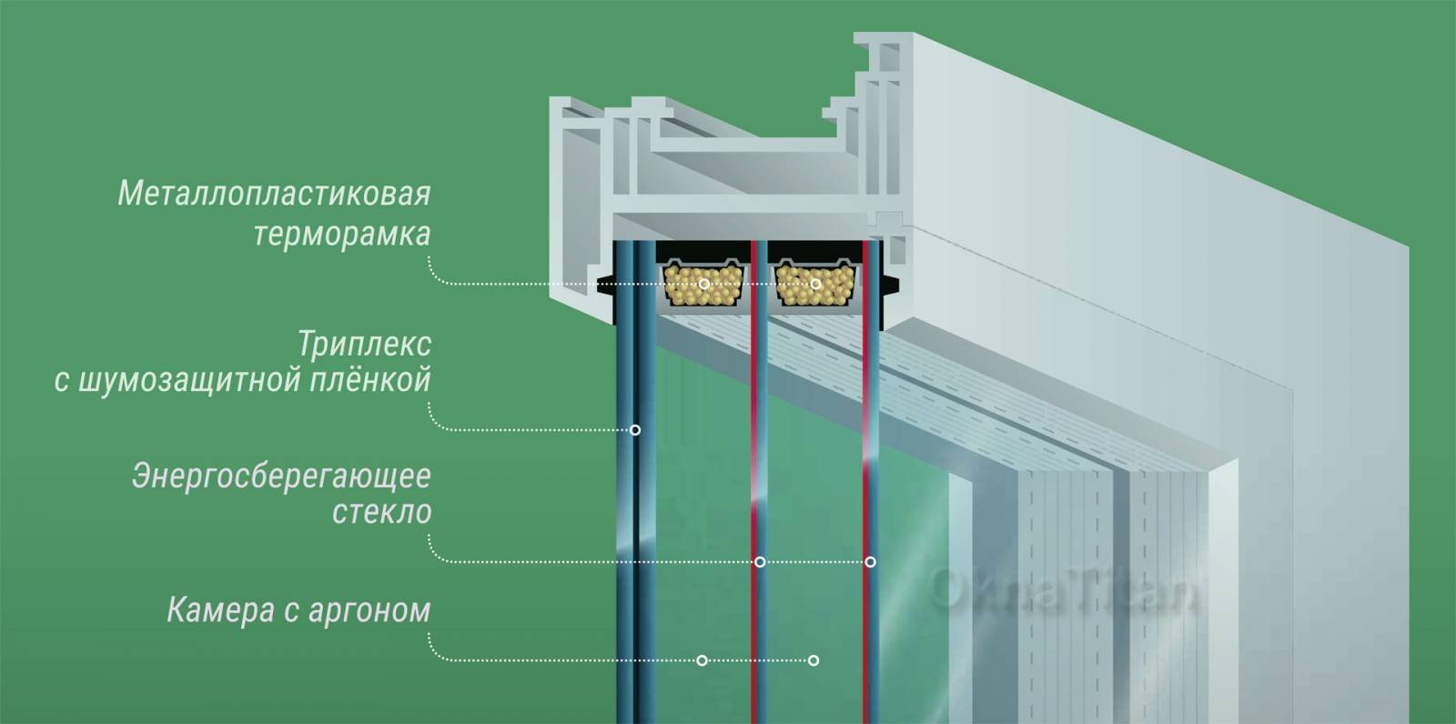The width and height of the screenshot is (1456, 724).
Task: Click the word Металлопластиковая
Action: tap(274, 194)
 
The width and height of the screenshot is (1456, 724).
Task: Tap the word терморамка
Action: tap(342, 235)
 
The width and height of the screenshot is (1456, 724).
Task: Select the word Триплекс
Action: tap(365, 345)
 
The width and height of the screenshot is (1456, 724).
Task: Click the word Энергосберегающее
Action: tap(281, 477)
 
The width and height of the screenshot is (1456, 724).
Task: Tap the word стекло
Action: tap(381, 512)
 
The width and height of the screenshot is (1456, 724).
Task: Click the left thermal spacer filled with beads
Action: tap(703, 284)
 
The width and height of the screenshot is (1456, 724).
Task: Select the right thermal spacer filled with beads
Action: tap(814, 284)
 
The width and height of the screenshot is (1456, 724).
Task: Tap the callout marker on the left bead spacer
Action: tap(704, 284)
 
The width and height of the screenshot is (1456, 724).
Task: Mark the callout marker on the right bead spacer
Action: tap(815, 284)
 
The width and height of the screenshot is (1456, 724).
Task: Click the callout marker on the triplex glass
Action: tap(635, 429)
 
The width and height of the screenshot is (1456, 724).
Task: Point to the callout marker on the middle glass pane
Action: tap(759, 561)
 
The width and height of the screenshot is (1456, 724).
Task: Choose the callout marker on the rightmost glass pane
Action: tap(870, 561)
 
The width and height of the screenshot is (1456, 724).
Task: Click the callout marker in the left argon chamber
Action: tap(702, 660)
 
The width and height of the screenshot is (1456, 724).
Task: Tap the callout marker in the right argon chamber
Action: tap(814, 660)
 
